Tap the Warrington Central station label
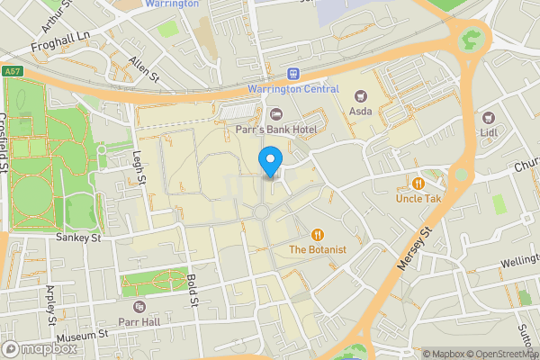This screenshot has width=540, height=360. (293, 89)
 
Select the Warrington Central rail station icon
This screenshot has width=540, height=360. (292, 74)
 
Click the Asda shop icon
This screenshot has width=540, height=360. (362, 96)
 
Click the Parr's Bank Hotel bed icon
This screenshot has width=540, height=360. (276, 114)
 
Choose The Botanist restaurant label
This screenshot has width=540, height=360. (317, 248)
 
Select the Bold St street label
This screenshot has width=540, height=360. (193, 291)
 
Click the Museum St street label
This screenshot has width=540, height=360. (81, 335)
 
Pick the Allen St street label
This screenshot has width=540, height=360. (142, 68)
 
